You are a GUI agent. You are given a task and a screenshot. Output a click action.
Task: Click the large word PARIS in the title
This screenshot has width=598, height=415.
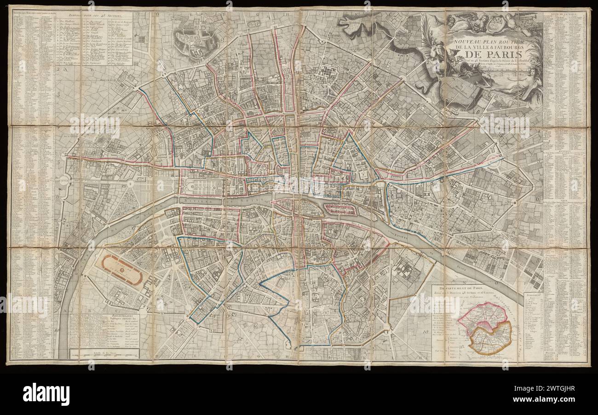[x=483, y=62]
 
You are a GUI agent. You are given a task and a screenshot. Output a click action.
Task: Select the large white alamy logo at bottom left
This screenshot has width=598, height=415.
[x=46, y=394]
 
